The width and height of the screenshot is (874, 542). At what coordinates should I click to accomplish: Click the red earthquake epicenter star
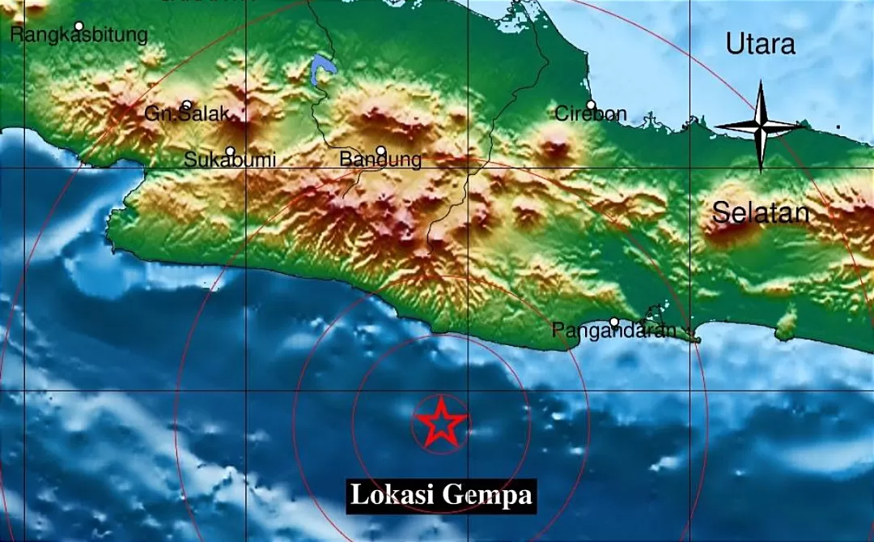(x=440, y=422)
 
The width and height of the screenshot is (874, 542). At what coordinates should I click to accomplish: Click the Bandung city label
(x=380, y=160)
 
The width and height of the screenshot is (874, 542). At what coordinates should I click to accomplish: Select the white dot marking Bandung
(x=380, y=150)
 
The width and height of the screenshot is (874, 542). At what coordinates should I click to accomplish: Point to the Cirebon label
(x=591, y=114)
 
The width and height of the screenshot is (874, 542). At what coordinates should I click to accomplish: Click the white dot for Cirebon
(x=591, y=105)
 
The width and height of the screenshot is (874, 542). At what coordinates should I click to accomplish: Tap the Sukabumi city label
(x=230, y=160)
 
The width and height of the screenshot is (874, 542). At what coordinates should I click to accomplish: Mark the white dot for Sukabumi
(x=230, y=151)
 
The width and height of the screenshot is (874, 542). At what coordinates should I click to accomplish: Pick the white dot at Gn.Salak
(x=187, y=105)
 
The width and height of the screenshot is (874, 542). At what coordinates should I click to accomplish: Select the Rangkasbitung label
(x=79, y=36)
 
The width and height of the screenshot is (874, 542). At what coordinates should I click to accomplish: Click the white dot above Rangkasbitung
(x=78, y=26)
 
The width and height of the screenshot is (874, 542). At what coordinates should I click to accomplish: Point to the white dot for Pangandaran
(x=614, y=322)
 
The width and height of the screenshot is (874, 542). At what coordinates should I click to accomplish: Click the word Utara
(x=760, y=45)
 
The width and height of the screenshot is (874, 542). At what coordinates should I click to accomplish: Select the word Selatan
(x=761, y=214)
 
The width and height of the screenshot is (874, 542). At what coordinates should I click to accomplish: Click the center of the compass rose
(x=761, y=126)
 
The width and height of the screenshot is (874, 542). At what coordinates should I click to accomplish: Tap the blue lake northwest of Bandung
(x=321, y=68)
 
